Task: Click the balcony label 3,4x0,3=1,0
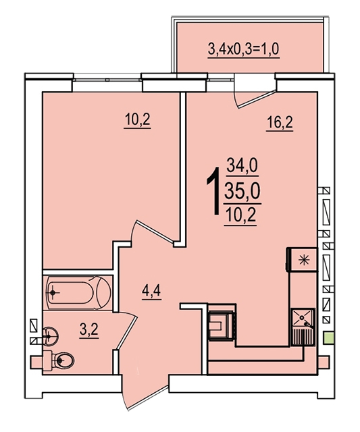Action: [244, 49]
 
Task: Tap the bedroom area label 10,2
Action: [137, 120]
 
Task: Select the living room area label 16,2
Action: [280, 122]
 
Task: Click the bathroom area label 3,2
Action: [89, 329]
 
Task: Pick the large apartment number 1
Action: [214, 191]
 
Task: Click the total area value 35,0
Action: [242, 191]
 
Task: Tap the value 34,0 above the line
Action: [242, 166]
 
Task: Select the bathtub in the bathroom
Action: [79, 292]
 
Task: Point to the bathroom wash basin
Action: [51, 335]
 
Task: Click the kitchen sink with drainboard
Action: [303, 327]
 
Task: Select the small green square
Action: [328, 337]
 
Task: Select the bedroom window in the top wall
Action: [107, 80]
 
